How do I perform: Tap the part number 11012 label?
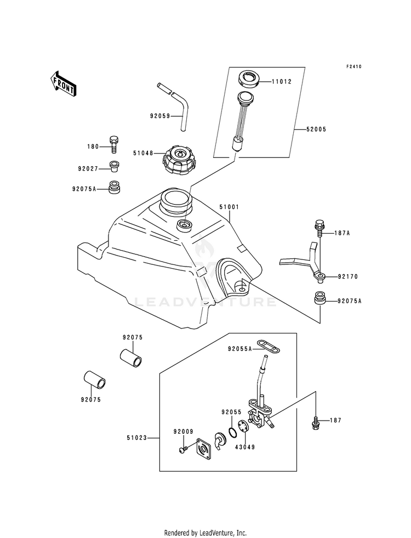282,82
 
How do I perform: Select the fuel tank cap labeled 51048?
179,160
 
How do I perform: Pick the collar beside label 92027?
115,167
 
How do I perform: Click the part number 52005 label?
316,129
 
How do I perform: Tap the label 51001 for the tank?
229,207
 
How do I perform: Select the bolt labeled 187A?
318,228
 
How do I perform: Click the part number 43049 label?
245,448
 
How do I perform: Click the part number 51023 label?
136,438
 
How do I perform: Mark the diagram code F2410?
353,66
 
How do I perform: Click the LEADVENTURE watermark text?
205,302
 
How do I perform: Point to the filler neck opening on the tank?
176,199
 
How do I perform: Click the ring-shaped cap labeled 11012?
249,78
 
